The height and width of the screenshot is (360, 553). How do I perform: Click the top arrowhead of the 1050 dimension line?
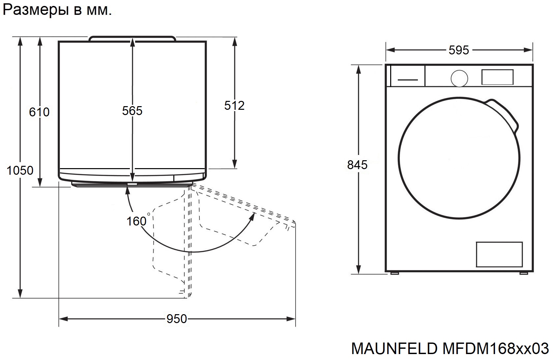[x=20, y=42]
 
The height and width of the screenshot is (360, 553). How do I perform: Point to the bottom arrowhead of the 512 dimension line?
[x=235, y=164]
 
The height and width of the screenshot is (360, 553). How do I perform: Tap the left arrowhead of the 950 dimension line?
[x=64, y=319]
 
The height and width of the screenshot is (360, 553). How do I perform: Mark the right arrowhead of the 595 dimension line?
[x=528, y=50]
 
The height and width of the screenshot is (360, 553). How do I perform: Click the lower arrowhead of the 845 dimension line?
[x=359, y=269]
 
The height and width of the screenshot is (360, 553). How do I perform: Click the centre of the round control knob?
[x=459, y=78]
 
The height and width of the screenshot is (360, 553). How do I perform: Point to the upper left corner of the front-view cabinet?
[x=386, y=65]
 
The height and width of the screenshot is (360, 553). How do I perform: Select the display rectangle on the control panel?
[x=497, y=77]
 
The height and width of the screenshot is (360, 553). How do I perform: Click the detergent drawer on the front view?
[x=408, y=76]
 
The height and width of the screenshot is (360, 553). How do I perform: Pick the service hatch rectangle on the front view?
[x=499, y=254]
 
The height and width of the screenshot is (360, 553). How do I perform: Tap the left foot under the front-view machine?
[x=394, y=273]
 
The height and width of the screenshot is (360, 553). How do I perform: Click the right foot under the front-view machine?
[x=523, y=273]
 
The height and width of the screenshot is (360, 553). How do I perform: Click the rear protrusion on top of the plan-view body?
[x=132, y=39]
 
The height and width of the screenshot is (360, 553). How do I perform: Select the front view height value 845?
[x=357, y=165]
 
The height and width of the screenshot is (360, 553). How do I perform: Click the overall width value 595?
[x=459, y=50]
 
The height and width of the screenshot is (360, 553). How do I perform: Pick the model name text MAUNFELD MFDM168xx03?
[x=450, y=348]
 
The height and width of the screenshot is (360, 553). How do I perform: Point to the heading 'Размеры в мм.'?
[x=57, y=10]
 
